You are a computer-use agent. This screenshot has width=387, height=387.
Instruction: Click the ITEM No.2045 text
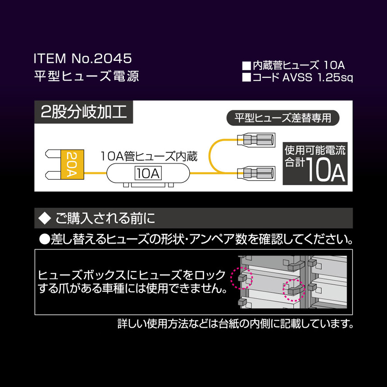[82, 59]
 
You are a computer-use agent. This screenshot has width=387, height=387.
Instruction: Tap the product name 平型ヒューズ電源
[87, 76]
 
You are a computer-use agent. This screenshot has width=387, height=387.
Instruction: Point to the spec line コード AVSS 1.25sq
[297, 77]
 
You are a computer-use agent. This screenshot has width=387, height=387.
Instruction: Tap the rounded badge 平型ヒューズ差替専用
[282, 118]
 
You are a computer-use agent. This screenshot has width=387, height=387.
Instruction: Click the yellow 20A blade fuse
[70, 164]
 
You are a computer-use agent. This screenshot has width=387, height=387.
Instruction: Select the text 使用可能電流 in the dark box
[315, 150]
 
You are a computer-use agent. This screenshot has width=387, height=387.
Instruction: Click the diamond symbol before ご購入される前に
[44, 219]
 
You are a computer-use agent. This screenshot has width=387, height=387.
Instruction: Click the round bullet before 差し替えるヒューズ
[44, 239]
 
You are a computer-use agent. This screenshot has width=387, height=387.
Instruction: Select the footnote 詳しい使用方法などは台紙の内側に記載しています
[235, 323]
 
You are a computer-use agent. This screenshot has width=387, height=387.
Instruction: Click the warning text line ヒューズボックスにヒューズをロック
[132, 274]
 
